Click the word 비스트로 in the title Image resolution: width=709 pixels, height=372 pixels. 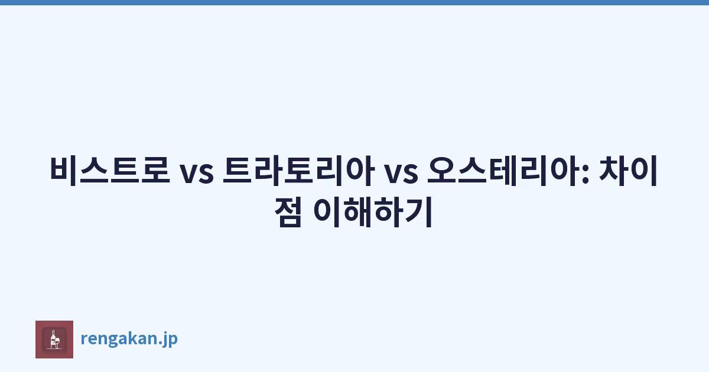pyautogui.click(x=110, y=170)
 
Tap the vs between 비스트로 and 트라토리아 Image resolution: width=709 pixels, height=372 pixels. pyautogui.click(x=197, y=174)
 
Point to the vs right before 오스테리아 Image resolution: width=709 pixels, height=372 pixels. pyautogui.click(x=401, y=174)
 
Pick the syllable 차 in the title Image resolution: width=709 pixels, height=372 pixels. pyautogui.click(x=613, y=170)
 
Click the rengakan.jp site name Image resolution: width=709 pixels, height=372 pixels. pyautogui.click(x=129, y=339)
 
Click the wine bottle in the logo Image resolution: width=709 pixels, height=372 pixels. pyautogui.click(x=53, y=339)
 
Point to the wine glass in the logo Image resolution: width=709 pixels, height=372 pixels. pyautogui.click(x=57, y=342)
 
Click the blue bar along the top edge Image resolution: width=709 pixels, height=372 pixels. pyautogui.click(x=354, y=2)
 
